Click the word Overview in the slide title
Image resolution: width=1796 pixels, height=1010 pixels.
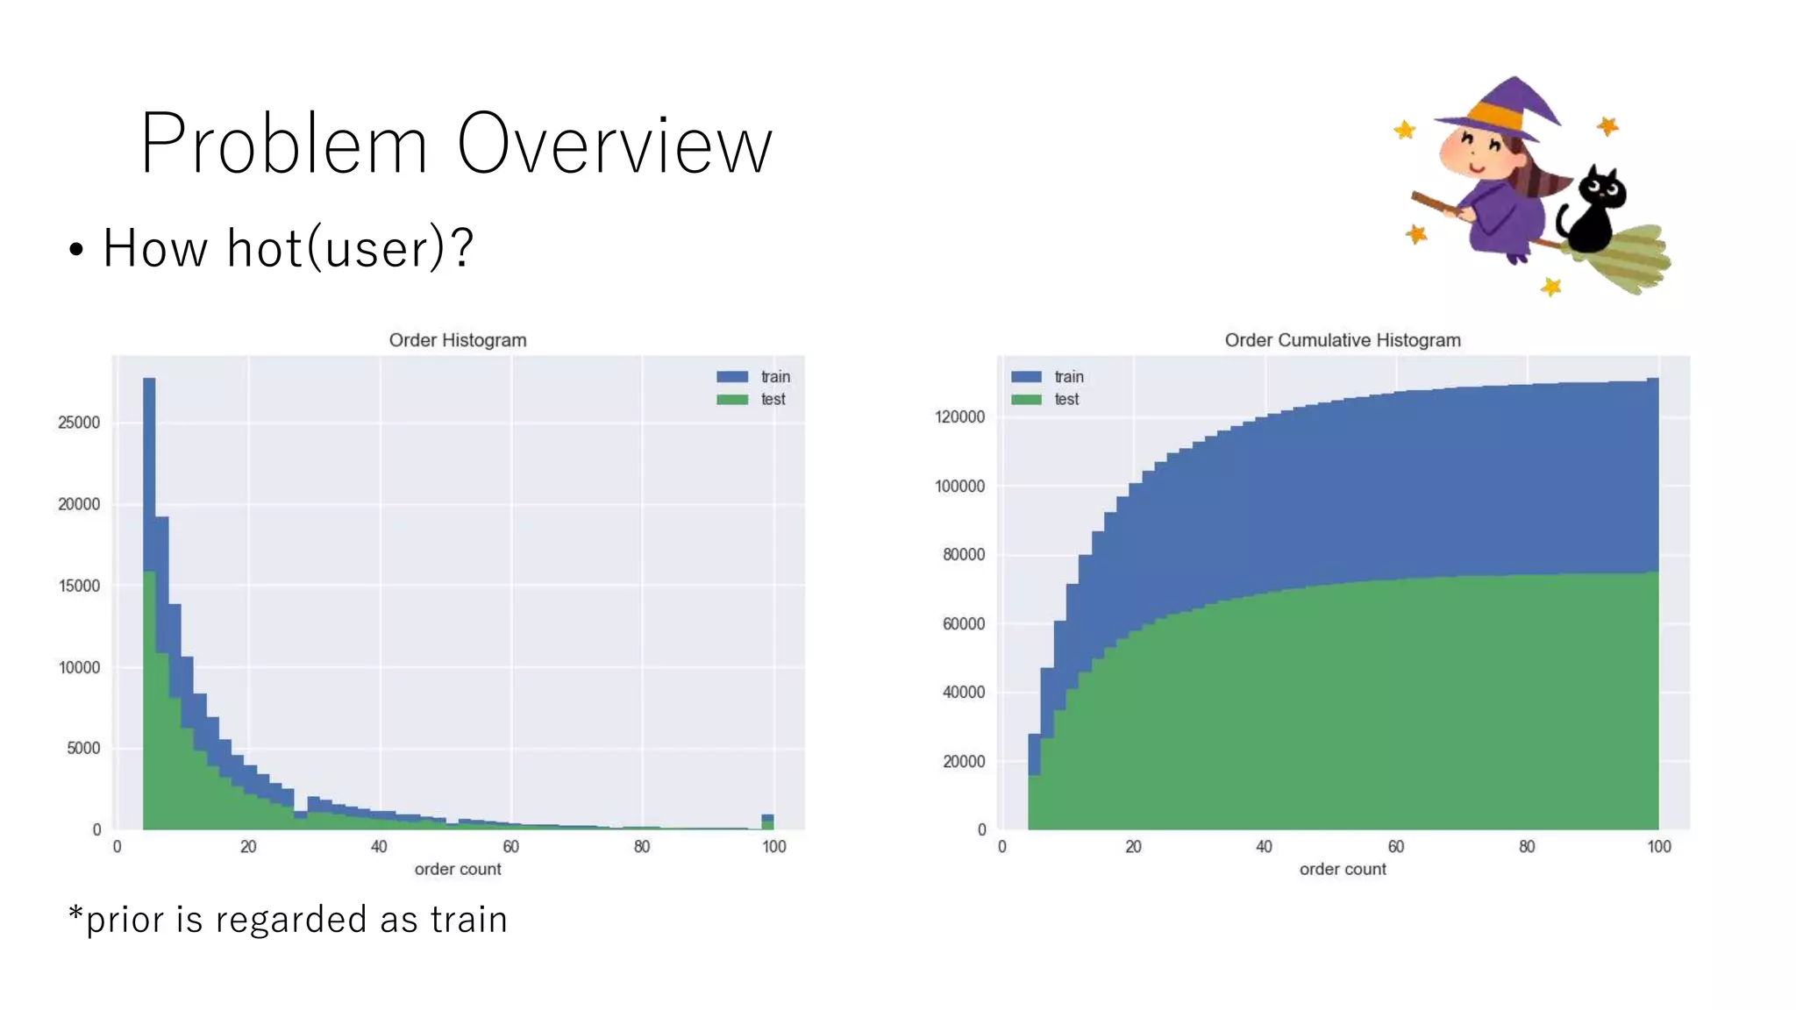(614, 145)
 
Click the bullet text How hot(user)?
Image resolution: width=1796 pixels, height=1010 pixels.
(288, 248)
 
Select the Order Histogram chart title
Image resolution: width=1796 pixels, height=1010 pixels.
(457, 340)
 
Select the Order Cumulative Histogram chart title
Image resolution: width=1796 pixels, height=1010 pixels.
(1342, 340)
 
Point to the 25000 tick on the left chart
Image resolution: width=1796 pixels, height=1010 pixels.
(79, 423)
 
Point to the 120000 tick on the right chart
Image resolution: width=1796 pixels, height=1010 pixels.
(959, 417)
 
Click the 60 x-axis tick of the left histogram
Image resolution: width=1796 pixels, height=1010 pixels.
(510, 847)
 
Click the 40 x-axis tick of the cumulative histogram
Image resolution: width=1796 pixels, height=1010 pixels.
(1264, 847)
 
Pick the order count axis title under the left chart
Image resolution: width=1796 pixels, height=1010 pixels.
(457, 870)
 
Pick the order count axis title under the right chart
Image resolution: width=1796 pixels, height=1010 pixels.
(1342, 870)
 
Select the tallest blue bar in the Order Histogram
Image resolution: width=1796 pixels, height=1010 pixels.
(149, 473)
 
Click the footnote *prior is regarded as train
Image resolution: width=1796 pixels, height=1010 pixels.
(288, 920)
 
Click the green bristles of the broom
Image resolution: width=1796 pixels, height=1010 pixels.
(1631, 259)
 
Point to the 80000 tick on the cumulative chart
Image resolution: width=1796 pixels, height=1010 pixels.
(963, 555)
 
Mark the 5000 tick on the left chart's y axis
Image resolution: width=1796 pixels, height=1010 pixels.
(83, 749)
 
